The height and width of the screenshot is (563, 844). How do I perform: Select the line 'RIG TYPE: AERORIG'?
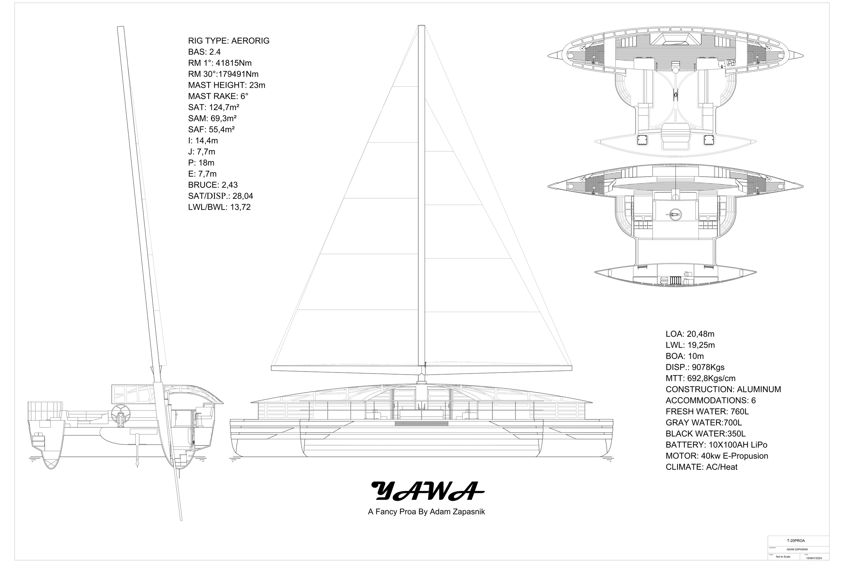[x=229, y=41]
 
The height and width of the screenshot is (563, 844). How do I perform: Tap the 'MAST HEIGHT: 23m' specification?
[x=227, y=85]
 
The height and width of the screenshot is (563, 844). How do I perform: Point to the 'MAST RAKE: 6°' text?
[x=218, y=97]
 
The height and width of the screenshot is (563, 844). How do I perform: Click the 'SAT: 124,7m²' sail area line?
[x=213, y=107]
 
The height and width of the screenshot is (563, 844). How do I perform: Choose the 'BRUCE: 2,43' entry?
[x=213, y=185]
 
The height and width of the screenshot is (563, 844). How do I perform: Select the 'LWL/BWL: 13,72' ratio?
[x=219, y=207]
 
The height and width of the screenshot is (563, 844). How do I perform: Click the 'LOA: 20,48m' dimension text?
[x=690, y=334]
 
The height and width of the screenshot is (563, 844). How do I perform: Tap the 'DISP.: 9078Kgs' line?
[x=695, y=368]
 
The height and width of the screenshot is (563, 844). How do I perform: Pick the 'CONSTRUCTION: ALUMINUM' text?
[x=723, y=390]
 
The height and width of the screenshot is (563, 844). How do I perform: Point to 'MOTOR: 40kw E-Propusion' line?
[x=717, y=456]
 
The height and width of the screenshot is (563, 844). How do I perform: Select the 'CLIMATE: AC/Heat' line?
[x=701, y=467]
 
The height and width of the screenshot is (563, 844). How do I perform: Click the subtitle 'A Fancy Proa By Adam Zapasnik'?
[x=426, y=512]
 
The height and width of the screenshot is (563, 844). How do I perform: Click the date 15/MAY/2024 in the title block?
[x=814, y=558]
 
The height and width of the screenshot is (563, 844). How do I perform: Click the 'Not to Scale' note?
[x=783, y=557]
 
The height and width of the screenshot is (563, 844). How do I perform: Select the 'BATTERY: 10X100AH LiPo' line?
[x=716, y=445]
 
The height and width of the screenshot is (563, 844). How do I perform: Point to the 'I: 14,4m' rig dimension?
[x=203, y=141]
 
